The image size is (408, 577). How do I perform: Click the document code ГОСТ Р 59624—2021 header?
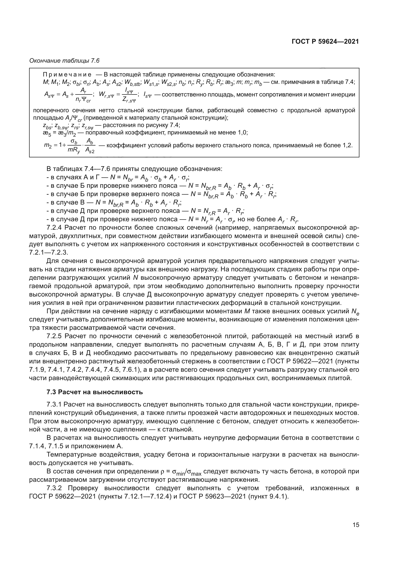click(325, 42)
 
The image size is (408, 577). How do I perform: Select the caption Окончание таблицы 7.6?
click(64, 61)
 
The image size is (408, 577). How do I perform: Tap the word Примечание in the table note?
click(67, 75)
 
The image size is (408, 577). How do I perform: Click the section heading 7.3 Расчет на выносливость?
click(95, 392)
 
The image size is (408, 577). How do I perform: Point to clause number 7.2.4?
click(54, 228)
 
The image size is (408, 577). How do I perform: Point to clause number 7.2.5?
click(54, 336)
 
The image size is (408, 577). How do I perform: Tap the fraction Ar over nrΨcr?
click(83, 95)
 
